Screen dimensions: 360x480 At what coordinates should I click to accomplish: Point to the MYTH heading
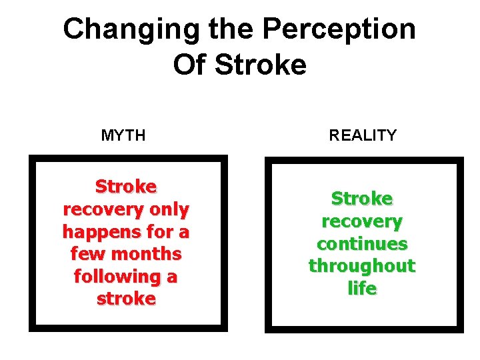123,136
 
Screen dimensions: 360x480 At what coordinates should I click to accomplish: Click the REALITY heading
363,136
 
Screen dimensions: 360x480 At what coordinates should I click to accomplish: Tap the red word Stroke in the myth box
126,186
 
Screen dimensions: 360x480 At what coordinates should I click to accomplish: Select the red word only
169,209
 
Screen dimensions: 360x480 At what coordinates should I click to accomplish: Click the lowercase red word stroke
126,299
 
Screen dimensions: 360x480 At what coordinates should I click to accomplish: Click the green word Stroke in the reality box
362,199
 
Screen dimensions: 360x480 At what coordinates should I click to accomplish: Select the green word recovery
362,221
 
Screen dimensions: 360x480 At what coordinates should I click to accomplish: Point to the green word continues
362,243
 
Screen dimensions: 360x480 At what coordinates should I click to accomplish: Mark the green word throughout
362,266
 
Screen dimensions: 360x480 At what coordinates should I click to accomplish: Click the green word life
362,289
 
